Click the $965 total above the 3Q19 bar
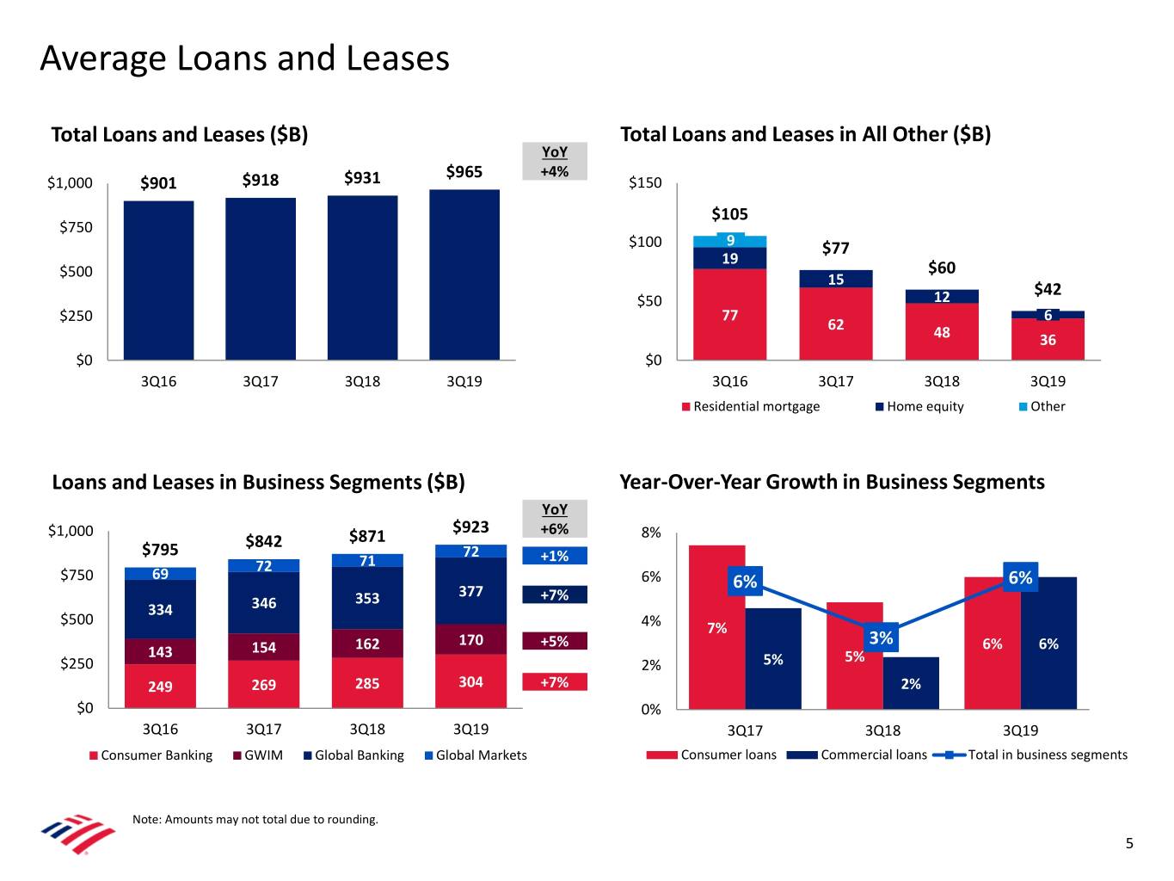tap(464, 171)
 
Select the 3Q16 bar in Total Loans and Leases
tap(158, 280)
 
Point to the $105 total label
tap(729, 214)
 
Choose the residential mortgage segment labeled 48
tap(942, 331)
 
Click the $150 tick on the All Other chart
tap(645, 182)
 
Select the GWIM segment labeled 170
tap(470, 639)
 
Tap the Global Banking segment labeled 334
tap(160, 609)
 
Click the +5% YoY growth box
tap(554, 641)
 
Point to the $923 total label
tap(470, 527)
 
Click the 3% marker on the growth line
tap(881, 638)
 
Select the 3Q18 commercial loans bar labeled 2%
tap(911, 684)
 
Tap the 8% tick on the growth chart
tap(651, 533)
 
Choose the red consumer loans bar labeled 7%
tap(716, 628)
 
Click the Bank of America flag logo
tap(77, 833)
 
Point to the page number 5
tap(1129, 843)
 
